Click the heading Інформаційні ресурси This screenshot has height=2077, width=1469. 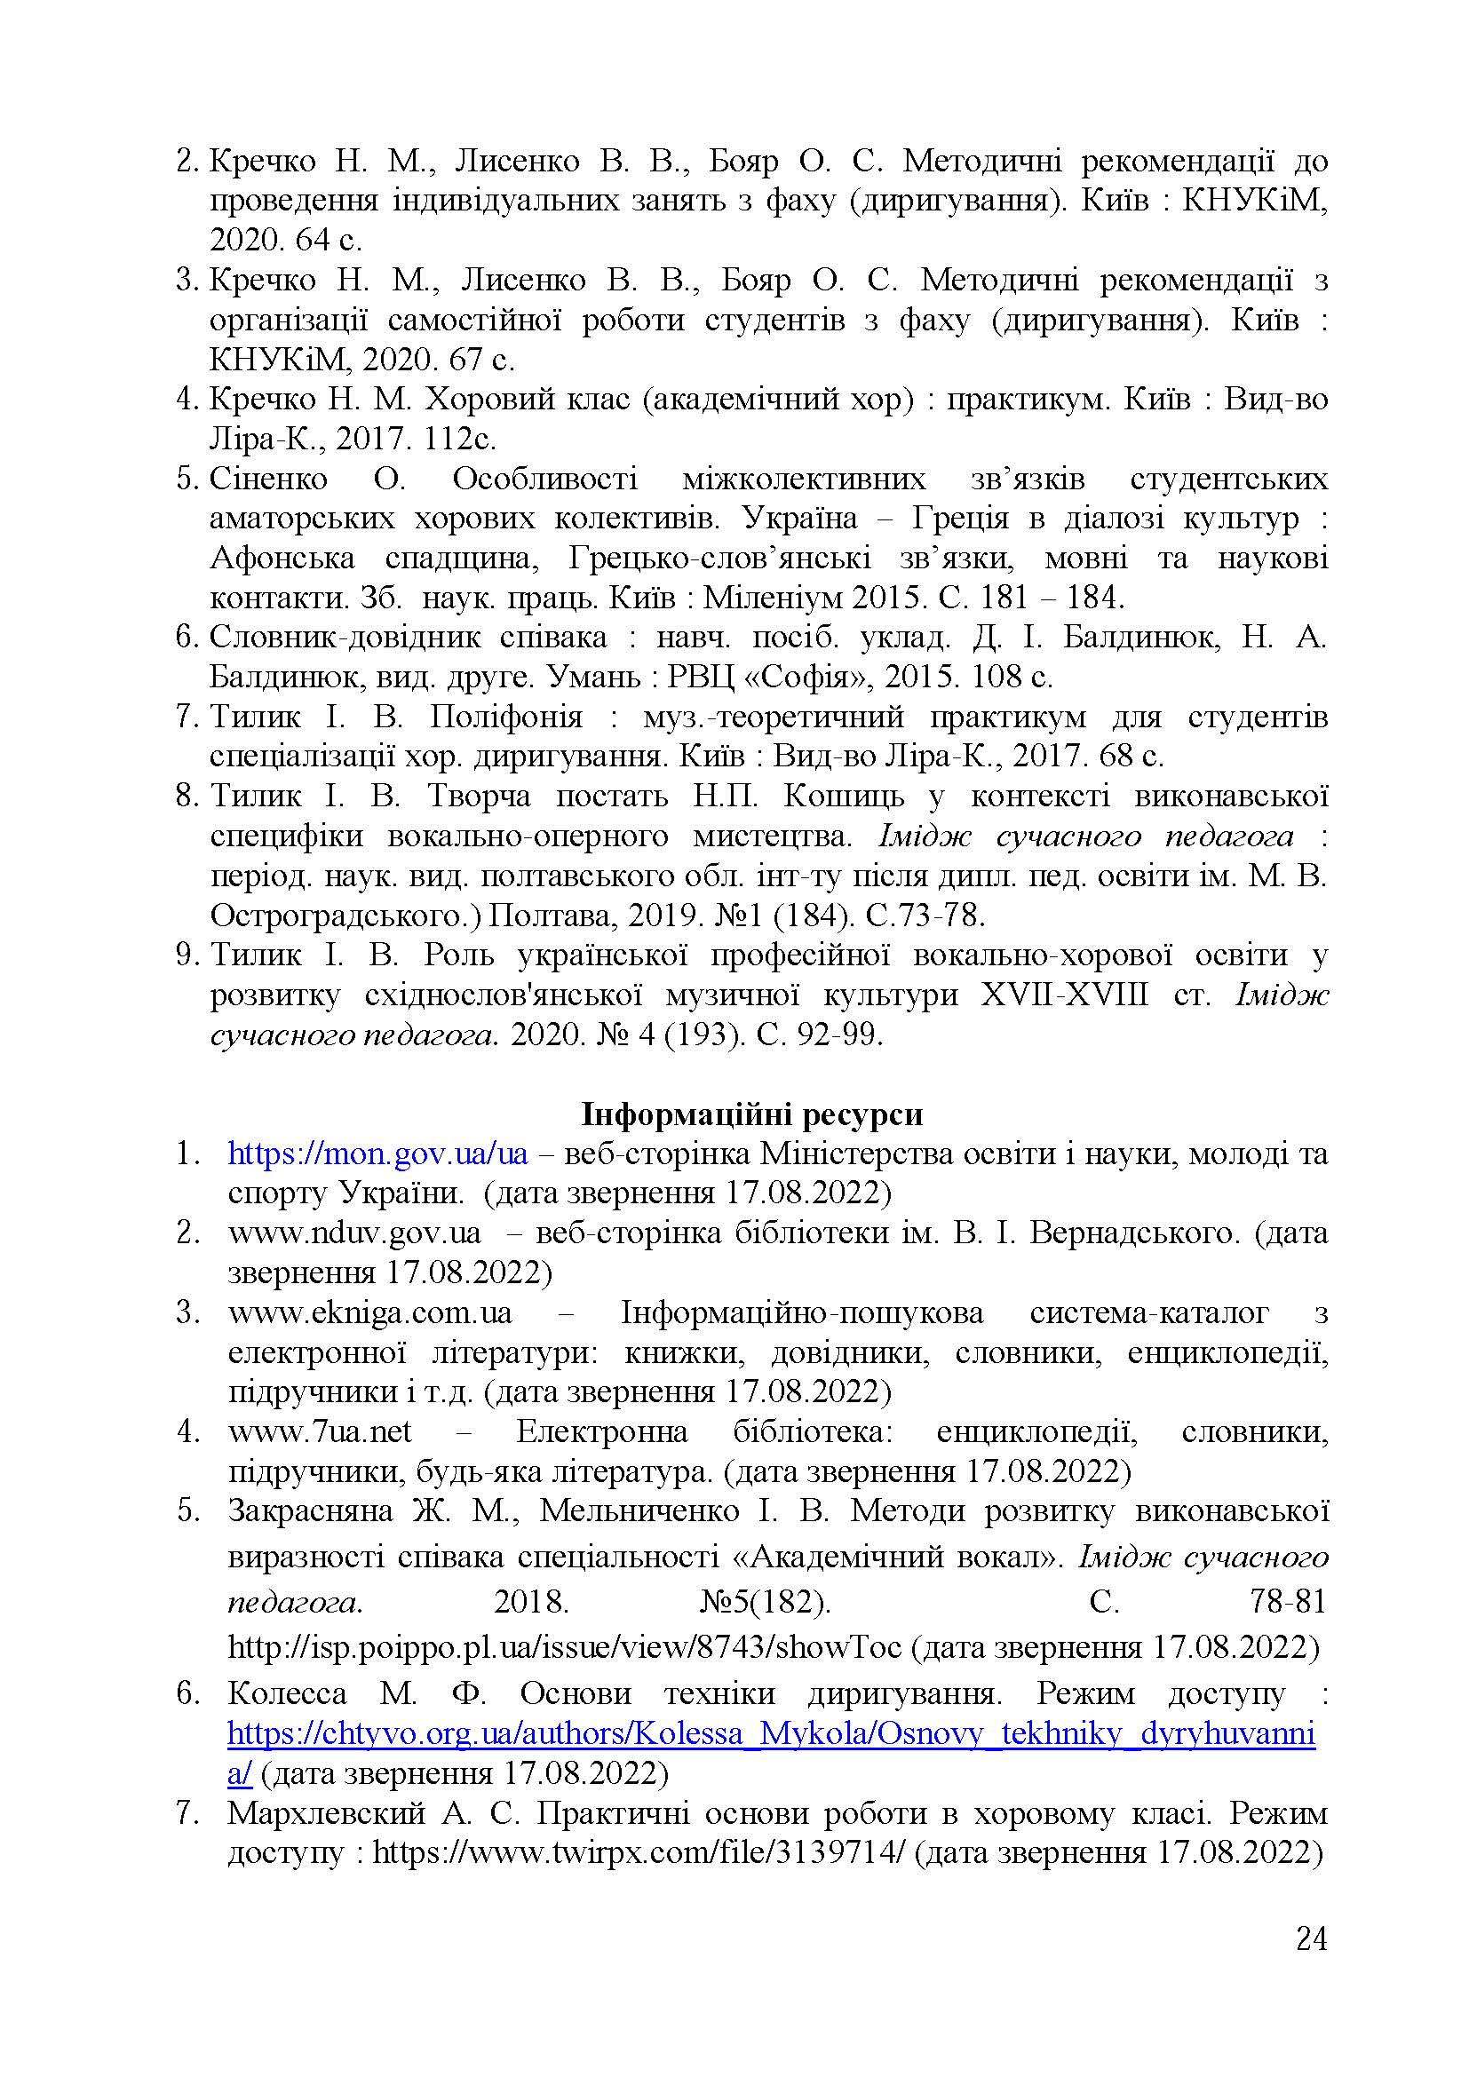(x=750, y=1114)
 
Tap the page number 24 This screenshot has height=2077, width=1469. (x=1311, y=1964)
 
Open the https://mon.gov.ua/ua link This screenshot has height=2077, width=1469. (x=377, y=1153)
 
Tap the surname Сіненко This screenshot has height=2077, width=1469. (x=267, y=479)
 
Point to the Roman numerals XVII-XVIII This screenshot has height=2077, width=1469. (x=1064, y=995)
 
